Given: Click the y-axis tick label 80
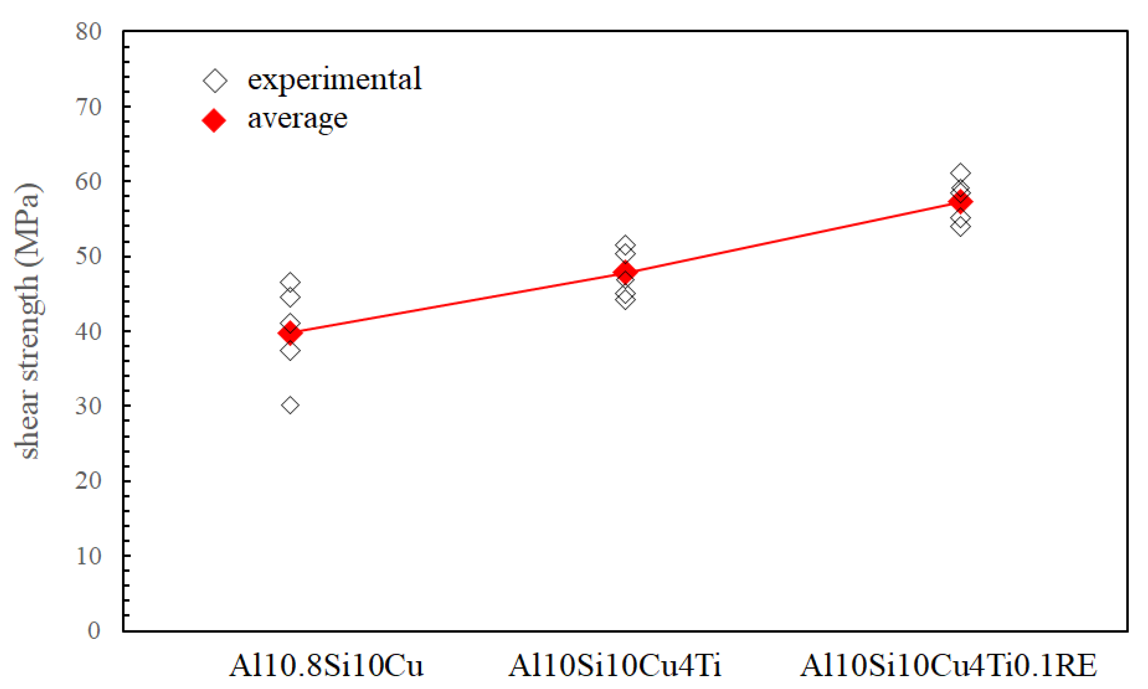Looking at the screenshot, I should [88, 32].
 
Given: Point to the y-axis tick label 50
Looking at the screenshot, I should [88, 256].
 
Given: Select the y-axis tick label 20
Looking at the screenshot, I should [88, 481].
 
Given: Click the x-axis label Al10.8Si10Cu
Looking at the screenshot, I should [326, 665].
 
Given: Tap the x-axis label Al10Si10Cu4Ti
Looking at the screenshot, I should [615, 665].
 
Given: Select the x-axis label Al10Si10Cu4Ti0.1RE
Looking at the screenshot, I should [948, 665].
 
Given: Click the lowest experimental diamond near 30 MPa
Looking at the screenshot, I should [290, 405].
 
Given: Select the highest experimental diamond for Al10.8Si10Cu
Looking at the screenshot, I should [290, 282].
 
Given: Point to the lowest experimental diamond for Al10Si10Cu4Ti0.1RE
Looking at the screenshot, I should [960, 227].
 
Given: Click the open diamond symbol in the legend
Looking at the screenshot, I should [215, 81].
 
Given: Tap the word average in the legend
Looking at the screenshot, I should [297, 119].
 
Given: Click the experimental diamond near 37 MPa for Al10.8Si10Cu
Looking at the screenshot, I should [290, 351].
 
